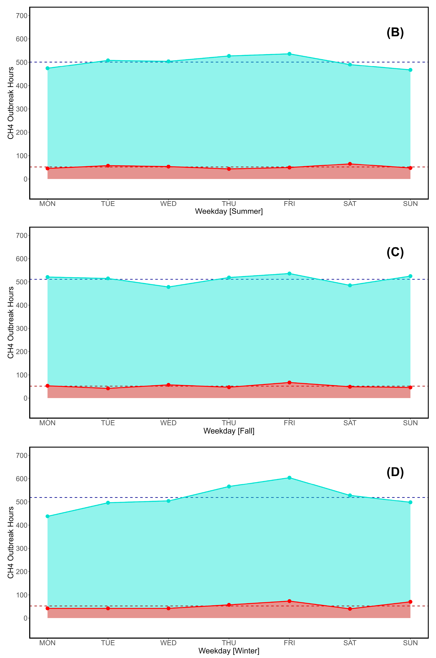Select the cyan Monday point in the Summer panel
48,68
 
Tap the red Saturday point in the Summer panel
350,164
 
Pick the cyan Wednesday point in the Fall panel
169,287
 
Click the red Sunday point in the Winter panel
410,602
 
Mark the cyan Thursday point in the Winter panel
229,486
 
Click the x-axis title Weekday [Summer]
229,211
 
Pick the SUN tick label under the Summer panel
410,204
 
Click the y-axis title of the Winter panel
10,542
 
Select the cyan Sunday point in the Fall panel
410,276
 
